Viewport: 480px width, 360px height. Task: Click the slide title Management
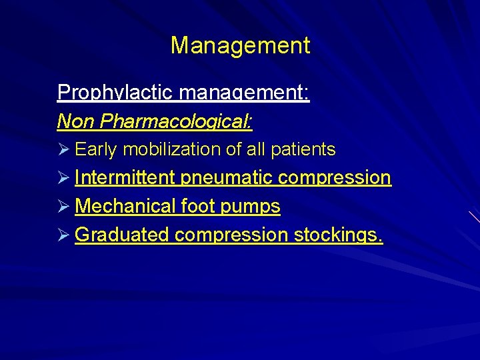[240, 46]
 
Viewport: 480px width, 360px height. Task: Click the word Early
[97, 149]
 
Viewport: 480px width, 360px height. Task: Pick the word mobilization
[172, 149]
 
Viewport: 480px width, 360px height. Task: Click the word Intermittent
[125, 178]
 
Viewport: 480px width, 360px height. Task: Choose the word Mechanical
[125, 207]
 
